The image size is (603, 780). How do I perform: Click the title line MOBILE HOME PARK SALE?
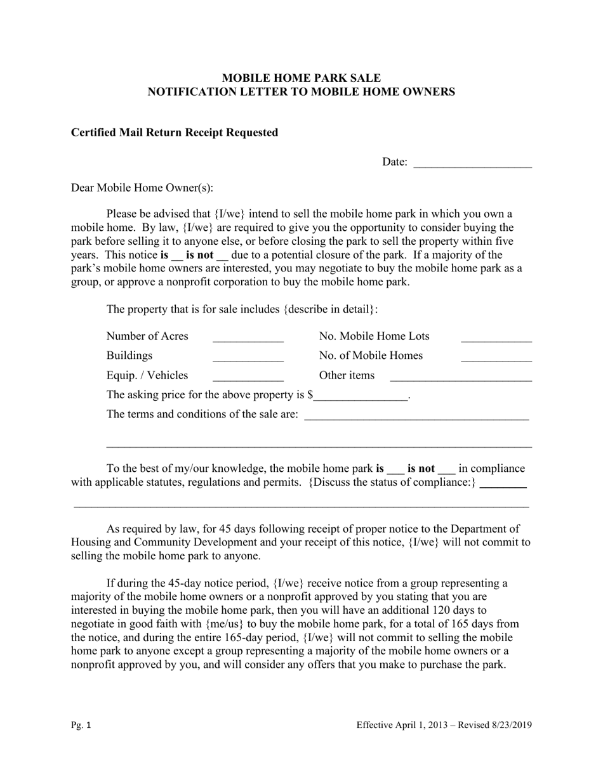point(301,78)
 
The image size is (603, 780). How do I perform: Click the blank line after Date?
point(472,164)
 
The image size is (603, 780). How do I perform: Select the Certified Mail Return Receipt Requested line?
point(175,133)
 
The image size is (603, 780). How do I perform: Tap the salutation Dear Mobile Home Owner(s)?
point(142,188)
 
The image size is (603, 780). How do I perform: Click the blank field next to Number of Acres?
point(248,338)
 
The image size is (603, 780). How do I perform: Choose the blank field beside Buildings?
point(248,357)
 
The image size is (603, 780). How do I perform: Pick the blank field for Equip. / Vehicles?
point(248,377)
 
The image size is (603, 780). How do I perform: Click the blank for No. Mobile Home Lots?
point(496,338)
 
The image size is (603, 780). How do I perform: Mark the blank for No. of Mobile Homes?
point(496,357)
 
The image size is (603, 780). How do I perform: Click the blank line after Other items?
point(460,377)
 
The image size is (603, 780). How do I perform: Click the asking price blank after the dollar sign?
point(361,396)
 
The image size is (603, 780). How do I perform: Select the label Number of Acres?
point(147,336)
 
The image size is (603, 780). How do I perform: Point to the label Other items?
point(347,375)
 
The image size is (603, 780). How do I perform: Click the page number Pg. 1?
point(81,725)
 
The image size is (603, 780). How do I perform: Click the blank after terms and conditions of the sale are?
point(416,416)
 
